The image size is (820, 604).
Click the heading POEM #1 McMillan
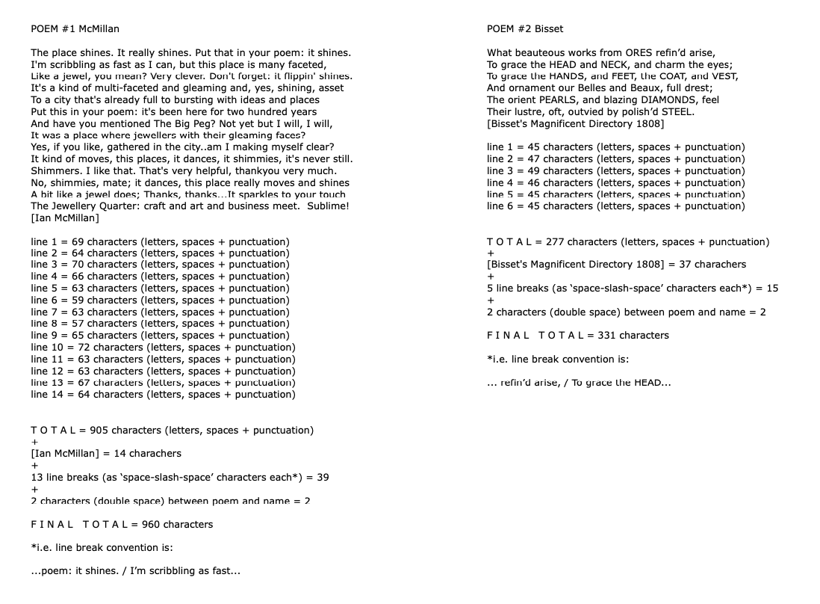[75, 29]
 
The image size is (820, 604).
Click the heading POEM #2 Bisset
[524, 29]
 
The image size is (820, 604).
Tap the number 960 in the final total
[151, 524]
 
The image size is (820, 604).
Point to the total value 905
[99, 430]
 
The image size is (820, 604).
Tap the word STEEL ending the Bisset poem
[677, 111]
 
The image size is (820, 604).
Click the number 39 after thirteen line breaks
[323, 477]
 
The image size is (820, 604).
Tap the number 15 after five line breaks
[772, 288]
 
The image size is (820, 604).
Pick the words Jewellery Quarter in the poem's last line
[89, 206]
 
